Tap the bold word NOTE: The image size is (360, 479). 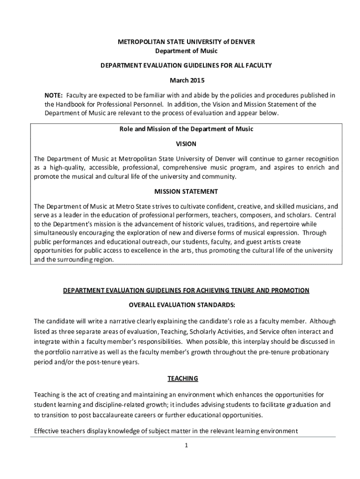point(54,95)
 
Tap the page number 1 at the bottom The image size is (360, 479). point(186,445)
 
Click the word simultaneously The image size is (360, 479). point(58,233)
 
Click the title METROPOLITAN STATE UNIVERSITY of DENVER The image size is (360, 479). point(186,42)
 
